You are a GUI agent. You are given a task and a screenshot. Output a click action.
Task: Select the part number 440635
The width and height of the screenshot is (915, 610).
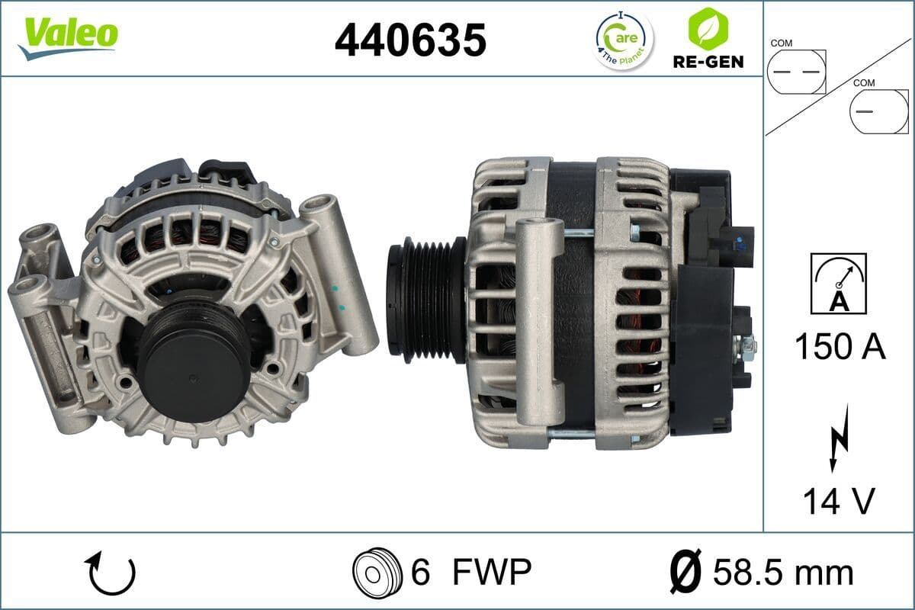410,39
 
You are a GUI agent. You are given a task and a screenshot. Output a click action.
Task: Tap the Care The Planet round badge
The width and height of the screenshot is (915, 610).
623,40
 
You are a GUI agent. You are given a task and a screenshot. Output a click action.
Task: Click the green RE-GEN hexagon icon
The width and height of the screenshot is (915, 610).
708,29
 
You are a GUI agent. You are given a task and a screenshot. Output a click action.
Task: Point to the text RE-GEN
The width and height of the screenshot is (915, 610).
708,62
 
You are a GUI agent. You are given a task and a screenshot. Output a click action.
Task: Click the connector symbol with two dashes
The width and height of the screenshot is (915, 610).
796,72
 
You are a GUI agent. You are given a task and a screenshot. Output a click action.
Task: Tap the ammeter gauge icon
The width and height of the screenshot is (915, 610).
839,284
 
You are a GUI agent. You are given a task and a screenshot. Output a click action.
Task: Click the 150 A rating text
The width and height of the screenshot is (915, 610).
840,346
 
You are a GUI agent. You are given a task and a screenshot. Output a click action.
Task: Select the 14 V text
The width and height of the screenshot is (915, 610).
838,501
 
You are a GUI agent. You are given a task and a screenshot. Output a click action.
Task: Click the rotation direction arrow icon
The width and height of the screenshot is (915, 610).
112,573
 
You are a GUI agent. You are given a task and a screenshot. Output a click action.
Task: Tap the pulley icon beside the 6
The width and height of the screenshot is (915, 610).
377,571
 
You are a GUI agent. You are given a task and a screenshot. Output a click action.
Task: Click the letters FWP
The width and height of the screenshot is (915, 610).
491,572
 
